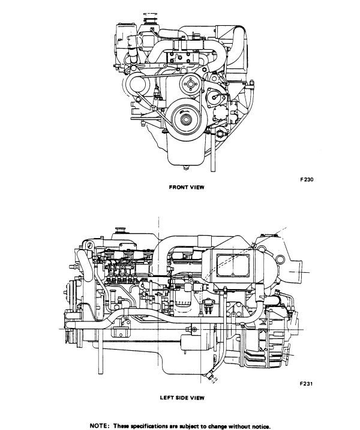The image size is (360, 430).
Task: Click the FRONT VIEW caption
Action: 186,187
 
